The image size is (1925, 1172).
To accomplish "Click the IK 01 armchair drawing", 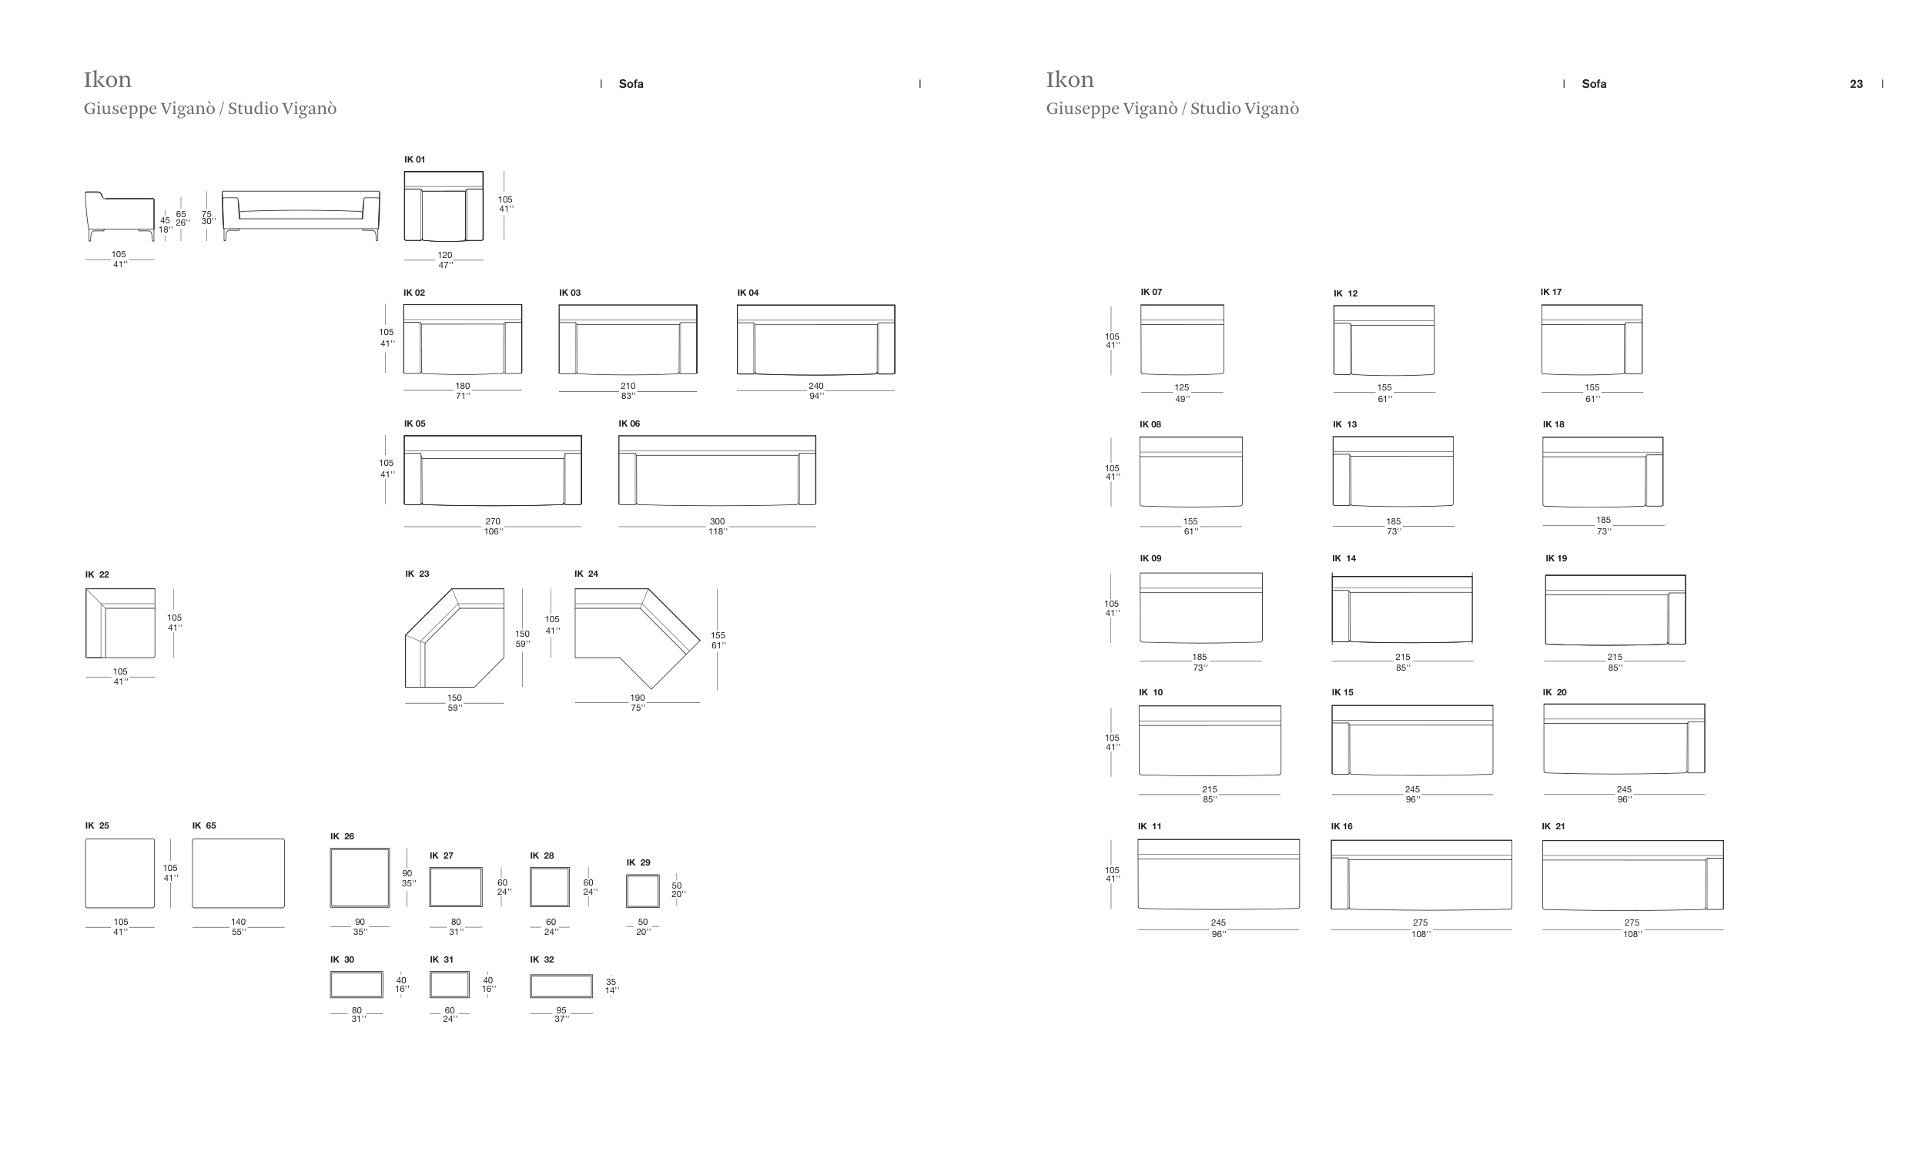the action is pyautogui.click(x=444, y=206).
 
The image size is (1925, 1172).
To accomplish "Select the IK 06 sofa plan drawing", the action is pyautogui.click(x=717, y=470).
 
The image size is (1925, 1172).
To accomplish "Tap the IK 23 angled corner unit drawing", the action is pyautogui.click(x=455, y=638).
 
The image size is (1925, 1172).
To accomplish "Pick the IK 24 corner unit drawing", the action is pyautogui.click(x=638, y=638).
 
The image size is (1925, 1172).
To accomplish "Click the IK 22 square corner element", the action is pyautogui.click(x=120, y=624).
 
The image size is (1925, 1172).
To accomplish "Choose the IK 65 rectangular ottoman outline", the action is pyautogui.click(x=238, y=873).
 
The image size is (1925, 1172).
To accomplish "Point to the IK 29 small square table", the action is pyautogui.click(x=643, y=891).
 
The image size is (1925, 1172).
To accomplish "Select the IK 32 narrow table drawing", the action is pyautogui.click(x=561, y=986).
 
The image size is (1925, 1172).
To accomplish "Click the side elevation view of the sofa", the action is pyautogui.click(x=119, y=216).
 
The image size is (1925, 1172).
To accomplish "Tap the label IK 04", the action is pyautogui.click(x=748, y=293).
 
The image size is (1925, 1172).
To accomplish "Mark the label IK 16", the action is pyautogui.click(x=1341, y=827).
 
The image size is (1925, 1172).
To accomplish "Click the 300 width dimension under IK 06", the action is pyautogui.click(x=717, y=521).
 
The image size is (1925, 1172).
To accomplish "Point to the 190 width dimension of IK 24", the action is pyautogui.click(x=638, y=698).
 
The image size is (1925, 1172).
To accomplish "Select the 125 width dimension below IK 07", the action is pyautogui.click(x=1181, y=387).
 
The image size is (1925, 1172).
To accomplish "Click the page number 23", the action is pyautogui.click(x=1856, y=85).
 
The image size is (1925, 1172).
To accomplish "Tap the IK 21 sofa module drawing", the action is pyautogui.click(x=1633, y=875).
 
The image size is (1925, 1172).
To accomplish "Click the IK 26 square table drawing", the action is pyautogui.click(x=360, y=877).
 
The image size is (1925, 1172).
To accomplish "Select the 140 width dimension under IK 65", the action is pyautogui.click(x=238, y=922).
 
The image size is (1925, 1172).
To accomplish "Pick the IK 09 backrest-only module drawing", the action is pyautogui.click(x=1200, y=608).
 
